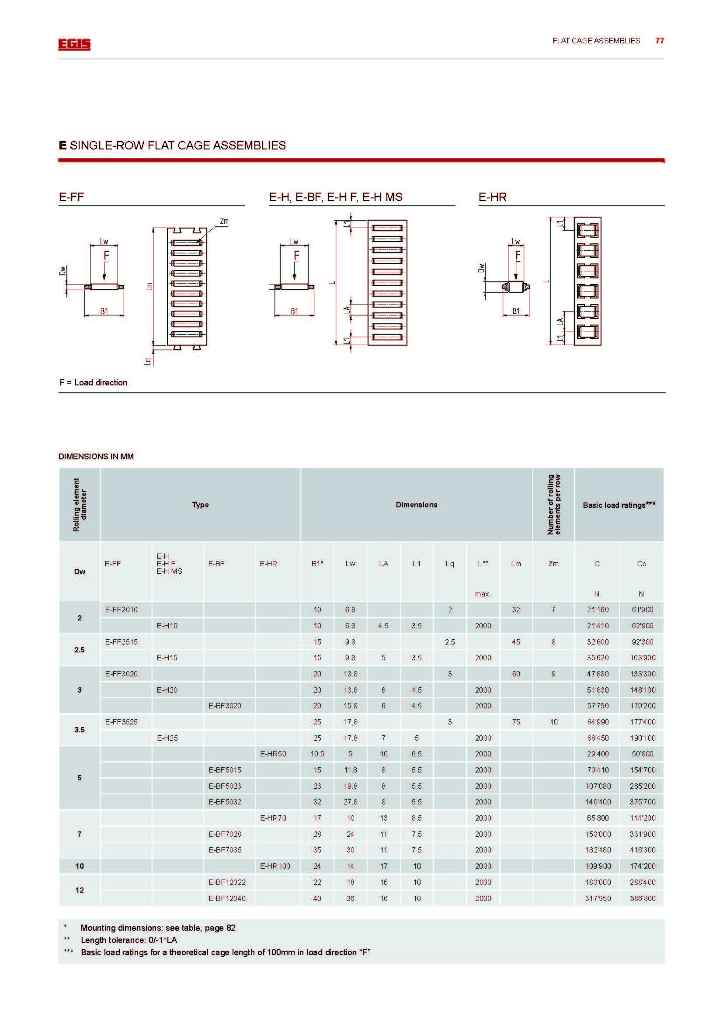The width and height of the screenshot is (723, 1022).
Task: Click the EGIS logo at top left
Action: point(74,44)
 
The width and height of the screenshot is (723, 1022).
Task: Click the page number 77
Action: point(659,41)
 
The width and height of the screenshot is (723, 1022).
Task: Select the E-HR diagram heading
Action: point(492,197)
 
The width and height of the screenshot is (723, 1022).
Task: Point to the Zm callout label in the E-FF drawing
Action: point(224,221)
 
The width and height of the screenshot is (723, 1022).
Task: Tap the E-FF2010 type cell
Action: point(121,610)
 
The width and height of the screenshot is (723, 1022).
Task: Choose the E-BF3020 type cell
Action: point(225,706)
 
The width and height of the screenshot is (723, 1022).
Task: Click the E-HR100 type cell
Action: point(275,866)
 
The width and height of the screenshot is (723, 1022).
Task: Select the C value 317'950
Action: point(598,898)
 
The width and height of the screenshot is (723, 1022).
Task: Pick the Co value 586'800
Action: point(643,898)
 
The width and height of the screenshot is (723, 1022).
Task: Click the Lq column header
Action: point(450,564)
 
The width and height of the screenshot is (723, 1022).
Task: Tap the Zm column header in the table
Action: point(553,564)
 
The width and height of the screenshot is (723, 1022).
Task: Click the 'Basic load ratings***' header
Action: point(619,505)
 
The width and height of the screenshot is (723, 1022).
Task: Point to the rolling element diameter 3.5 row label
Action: point(79,730)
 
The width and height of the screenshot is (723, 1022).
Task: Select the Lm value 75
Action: point(516,721)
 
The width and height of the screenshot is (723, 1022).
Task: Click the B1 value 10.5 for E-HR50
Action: point(317,754)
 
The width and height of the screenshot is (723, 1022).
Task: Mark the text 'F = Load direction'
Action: point(94,382)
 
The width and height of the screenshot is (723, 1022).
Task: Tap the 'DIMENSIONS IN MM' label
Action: point(96,456)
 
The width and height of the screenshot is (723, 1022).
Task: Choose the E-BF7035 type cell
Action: point(225,850)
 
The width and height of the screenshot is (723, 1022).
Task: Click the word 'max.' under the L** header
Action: point(483,594)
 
